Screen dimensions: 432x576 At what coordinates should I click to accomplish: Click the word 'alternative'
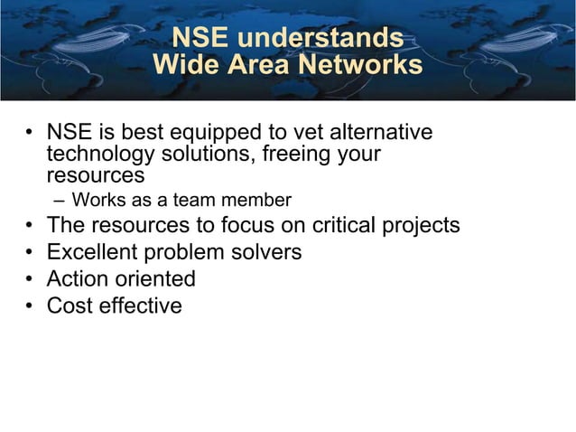point(380,134)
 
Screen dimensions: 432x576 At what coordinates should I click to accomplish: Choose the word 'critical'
point(345,225)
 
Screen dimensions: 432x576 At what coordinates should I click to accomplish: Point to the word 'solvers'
point(269,252)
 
